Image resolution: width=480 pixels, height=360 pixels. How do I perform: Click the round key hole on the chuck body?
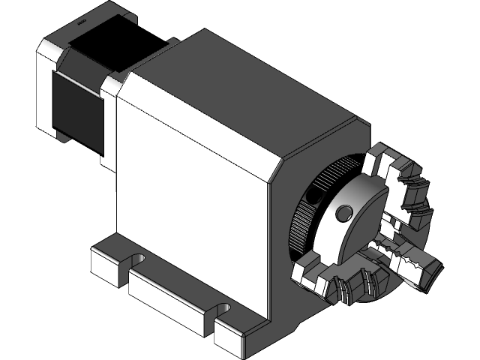344,214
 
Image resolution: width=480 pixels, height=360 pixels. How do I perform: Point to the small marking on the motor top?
80,25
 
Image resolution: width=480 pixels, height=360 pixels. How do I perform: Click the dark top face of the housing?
240,97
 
